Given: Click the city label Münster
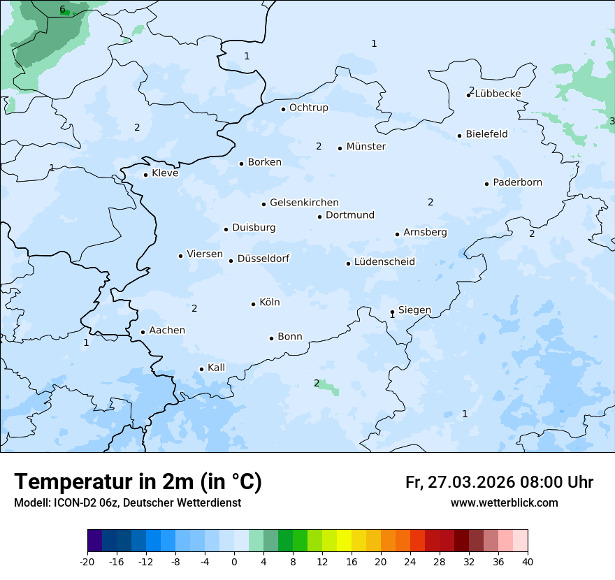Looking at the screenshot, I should [x=366, y=147].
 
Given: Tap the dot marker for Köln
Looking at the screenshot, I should [x=253, y=304].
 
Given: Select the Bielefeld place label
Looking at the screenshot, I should [x=486, y=134].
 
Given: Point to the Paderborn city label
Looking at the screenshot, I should [x=517, y=182].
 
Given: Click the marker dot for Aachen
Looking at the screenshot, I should [x=143, y=333].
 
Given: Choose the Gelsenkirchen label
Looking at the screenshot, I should [x=304, y=203].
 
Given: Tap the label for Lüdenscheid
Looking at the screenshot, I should [x=384, y=262].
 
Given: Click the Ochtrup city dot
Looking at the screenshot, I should [x=283, y=109].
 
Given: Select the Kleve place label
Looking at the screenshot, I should [x=165, y=173].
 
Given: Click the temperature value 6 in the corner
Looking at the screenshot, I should [x=62, y=10].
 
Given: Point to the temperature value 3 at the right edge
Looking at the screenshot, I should [x=612, y=122].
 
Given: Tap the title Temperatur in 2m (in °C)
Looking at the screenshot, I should [x=138, y=482].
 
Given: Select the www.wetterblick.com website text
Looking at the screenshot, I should [x=504, y=503].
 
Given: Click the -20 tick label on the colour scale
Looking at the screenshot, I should [x=87, y=561].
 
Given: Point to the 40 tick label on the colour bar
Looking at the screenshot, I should [x=528, y=561].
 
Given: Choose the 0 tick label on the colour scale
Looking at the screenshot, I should [x=234, y=561].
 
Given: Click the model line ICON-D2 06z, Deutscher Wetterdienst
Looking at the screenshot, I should [x=127, y=503].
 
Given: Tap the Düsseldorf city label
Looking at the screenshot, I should [x=263, y=259].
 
